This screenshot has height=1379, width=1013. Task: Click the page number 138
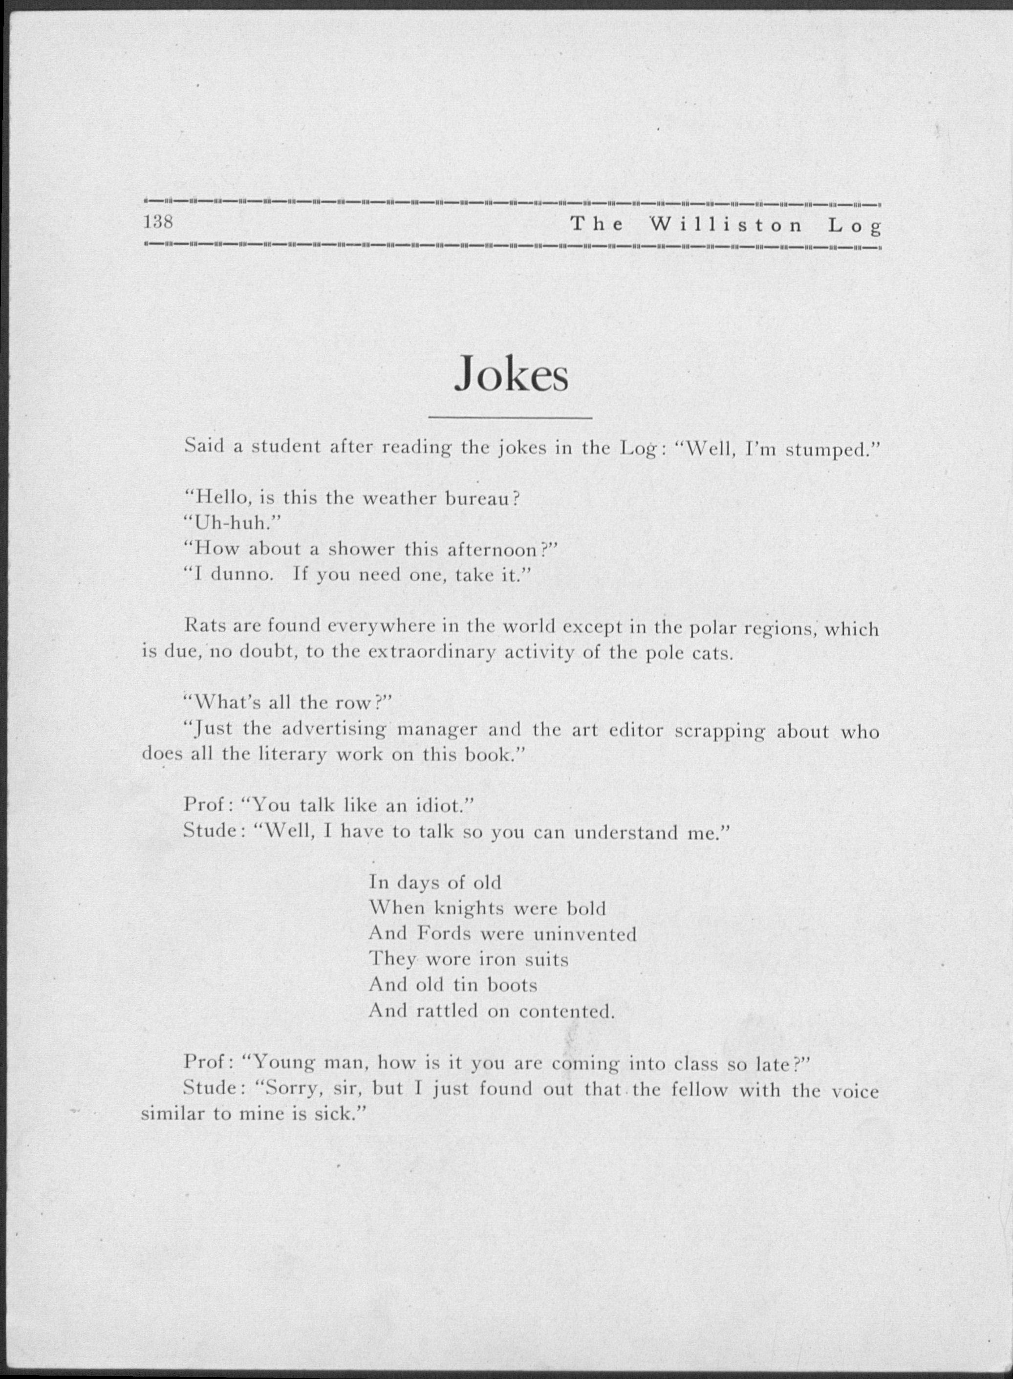[159, 222]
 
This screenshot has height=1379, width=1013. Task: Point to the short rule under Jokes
[510, 418]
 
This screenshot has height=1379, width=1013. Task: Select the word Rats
[204, 626]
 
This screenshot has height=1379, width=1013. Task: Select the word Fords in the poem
[445, 934]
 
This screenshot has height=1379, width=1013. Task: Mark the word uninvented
[585, 934]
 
